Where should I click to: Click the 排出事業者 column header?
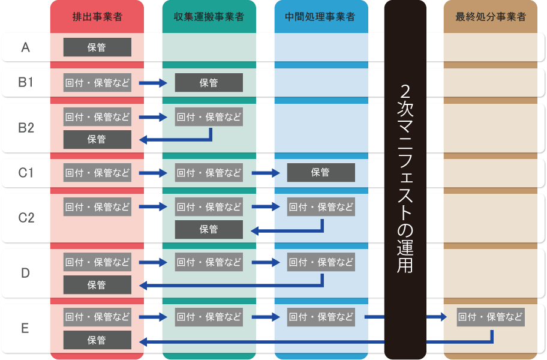[x=97, y=16]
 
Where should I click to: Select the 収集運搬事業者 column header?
[x=209, y=16]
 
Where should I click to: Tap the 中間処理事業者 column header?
[x=321, y=16]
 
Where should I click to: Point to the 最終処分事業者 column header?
[x=490, y=16]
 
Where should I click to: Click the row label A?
[x=25, y=47]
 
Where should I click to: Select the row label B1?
[x=25, y=83]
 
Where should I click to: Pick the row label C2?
[x=25, y=218]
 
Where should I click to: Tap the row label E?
[x=25, y=329]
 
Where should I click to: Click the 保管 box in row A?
[x=97, y=47]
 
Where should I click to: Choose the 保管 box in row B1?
[x=209, y=83]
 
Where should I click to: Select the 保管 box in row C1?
[x=321, y=173]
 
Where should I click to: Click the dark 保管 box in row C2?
[x=209, y=229]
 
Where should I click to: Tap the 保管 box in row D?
[x=97, y=285]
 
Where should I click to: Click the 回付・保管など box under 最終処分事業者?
[x=490, y=317]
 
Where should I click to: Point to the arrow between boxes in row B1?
[x=152, y=83]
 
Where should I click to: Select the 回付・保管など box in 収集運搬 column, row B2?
[x=209, y=117]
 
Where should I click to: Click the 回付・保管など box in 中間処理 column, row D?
[x=321, y=262]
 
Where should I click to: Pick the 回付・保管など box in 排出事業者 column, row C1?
[x=97, y=173]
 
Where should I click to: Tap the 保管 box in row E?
[x=97, y=340]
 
